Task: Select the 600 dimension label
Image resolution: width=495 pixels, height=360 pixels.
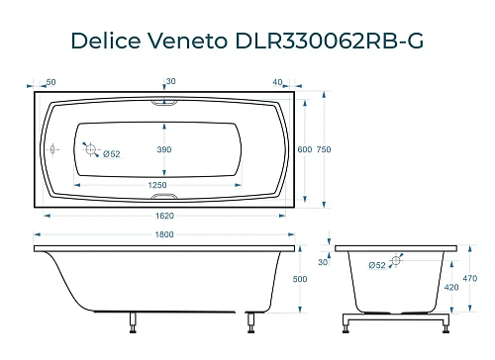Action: (305, 148)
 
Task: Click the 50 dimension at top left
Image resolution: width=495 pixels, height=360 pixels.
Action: (50, 81)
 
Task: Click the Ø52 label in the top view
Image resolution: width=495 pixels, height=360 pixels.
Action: (111, 154)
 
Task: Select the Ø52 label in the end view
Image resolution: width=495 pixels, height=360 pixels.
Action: (376, 265)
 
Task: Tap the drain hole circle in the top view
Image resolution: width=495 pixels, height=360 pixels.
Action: (91, 150)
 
